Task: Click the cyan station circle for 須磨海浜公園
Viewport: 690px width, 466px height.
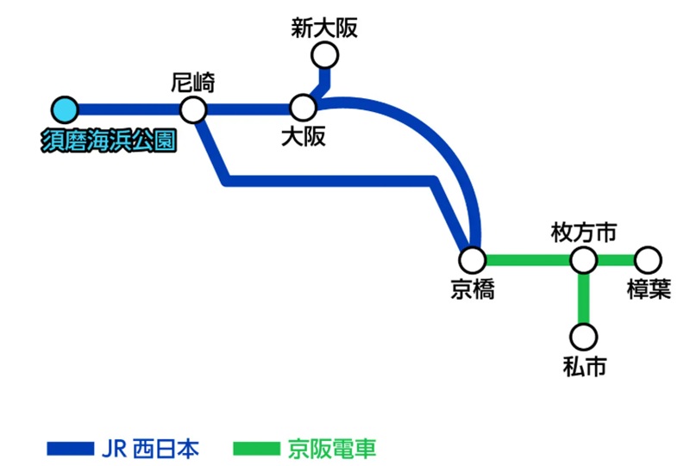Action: (x=64, y=109)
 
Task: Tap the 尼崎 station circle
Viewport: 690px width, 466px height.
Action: (x=192, y=109)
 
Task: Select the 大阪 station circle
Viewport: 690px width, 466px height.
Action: (x=303, y=108)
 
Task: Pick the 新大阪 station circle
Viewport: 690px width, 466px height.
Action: (x=325, y=56)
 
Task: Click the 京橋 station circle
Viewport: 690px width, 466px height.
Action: (x=472, y=259)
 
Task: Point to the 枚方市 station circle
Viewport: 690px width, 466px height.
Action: (x=584, y=259)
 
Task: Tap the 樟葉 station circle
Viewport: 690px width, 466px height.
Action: (x=648, y=259)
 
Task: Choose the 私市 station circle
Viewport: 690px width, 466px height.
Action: (x=584, y=335)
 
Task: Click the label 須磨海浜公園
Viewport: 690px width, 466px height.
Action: (x=109, y=140)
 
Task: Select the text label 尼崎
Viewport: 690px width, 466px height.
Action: (x=193, y=84)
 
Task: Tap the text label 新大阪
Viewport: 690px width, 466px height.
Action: (x=324, y=29)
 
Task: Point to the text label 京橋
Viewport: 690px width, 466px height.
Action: (x=473, y=289)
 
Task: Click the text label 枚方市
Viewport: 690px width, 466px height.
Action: (x=584, y=233)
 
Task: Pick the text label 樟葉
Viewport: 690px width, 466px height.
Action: (x=649, y=289)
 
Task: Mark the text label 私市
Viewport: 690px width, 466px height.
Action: (x=584, y=366)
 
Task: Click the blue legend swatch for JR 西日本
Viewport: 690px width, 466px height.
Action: (x=69, y=449)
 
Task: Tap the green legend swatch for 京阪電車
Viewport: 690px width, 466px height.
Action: (x=257, y=449)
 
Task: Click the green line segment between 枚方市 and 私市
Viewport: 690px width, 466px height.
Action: (x=584, y=297)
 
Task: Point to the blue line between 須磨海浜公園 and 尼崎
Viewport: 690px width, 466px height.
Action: (x=129, y=109)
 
